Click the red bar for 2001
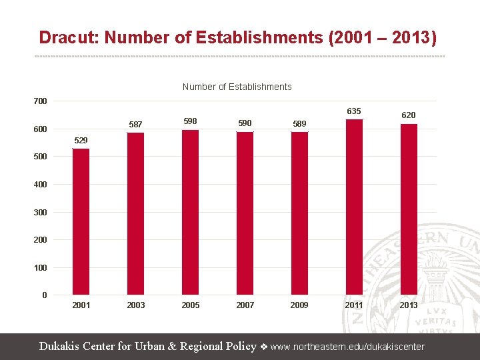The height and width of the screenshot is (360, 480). point(81,221)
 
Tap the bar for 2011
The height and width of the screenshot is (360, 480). point(354,207)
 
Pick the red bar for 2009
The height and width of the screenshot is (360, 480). point(299,213)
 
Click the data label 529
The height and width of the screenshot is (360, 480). point(81,141)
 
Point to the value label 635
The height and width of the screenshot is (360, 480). point(354,111)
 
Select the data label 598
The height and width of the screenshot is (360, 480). point(190,121)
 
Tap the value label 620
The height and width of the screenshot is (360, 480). point(409,115)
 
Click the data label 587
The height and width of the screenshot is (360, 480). point(135,125)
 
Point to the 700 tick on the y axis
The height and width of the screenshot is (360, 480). point(41,101)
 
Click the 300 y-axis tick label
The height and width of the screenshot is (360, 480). point(41,212)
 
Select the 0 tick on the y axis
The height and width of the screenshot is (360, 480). point(44,295)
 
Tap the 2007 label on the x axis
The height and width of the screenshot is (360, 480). point(245,305)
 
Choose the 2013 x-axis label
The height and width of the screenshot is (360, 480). point(409,305)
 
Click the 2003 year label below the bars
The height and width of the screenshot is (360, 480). point(135,305)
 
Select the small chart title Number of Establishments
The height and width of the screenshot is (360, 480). point(237,87)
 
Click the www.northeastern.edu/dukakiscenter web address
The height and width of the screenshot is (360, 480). point(347,347)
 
